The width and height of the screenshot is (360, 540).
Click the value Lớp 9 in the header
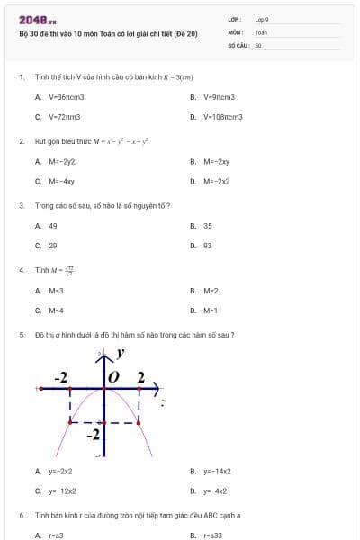click(x=262, y=19)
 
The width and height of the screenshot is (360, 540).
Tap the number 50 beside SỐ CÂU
click(x=258, y=43)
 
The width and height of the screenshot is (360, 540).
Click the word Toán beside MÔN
click(x=261, y=31)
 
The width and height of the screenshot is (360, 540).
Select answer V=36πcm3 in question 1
click(x=66, y=97)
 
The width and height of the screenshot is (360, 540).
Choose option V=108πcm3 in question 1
click(x=222, y=117)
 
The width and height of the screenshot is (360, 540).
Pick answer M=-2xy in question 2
click(x=216, y=162)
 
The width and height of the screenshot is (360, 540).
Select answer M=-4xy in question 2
click(x=61, y=181)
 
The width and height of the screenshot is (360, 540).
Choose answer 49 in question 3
click(x=53, y=226)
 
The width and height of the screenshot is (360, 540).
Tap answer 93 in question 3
click(x=208, y=245)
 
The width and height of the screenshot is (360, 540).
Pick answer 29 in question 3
click(x=53, y=245)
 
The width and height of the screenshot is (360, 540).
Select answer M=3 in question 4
click(x=56, y=291)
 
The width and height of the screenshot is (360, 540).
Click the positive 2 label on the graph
click(x=140, y=376)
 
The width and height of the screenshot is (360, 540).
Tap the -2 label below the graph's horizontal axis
click(x=94, y=435)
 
